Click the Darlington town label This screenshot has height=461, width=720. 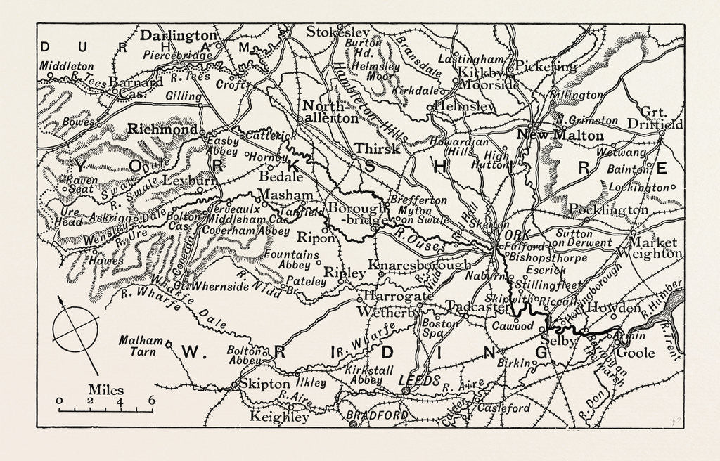(179, 35)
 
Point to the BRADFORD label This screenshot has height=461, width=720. (384, 416)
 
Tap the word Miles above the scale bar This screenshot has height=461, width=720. (105, 389)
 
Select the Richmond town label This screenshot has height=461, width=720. (162, 130)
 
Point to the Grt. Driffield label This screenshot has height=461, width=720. (662, 118)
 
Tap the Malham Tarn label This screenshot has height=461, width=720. (141, 345)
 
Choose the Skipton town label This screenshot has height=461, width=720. (264, 384)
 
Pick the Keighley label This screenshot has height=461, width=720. (280, 417)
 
